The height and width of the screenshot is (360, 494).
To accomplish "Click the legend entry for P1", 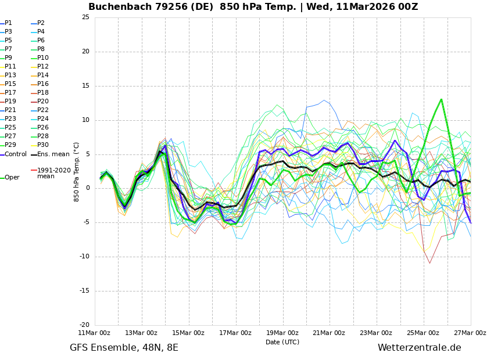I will pos(8,23).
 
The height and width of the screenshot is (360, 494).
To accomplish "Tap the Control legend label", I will pos(15,154).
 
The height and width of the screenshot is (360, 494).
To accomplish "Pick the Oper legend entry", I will pos(12,178).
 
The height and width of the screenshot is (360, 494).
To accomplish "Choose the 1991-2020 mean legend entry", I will pos(53,173).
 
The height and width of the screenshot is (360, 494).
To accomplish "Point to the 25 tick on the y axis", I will pos(85,17).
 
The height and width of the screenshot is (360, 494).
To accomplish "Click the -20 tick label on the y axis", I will pos(84,325).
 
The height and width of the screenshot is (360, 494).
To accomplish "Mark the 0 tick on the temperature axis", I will pos(87,188).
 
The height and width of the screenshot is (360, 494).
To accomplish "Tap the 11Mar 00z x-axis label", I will pos(94,333).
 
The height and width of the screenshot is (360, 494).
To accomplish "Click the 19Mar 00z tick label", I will pos(282,333).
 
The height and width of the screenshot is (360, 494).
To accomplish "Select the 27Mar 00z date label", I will pos(470,333).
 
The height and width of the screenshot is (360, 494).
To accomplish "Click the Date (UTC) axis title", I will pos(282,342).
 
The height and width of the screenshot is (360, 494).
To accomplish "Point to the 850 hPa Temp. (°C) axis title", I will pos(77,171).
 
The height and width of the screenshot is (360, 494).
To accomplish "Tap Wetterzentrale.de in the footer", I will pos(419,348).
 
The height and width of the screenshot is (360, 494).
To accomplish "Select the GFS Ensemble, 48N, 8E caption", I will pos(124,348).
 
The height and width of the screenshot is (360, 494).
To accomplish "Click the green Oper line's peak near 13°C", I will pos(441,99).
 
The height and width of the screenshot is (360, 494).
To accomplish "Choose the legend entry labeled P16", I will pos(43,84).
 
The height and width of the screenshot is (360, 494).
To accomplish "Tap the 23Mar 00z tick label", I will pos(376,333).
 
